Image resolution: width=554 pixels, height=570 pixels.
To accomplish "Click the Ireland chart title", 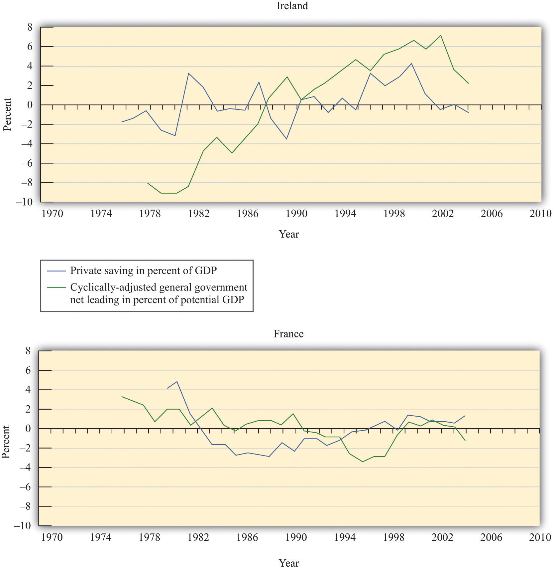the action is [x=292, y=6].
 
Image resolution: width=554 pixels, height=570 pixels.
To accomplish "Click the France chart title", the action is [x=288, y=334].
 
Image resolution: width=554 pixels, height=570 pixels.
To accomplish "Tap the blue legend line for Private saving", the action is [x=56, y=271].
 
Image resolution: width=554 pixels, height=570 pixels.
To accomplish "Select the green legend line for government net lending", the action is [x=56, y=287].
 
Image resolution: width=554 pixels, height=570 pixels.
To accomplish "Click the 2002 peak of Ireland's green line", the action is [x=440, y=35].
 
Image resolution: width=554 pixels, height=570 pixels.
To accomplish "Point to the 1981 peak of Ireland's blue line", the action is [x=188, y=73].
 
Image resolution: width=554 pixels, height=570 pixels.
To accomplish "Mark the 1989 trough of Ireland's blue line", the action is [x=286, y=139].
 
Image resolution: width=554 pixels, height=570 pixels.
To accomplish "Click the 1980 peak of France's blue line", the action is [x=177, y=381].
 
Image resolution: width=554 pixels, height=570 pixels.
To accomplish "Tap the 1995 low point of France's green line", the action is [x=363, y=462].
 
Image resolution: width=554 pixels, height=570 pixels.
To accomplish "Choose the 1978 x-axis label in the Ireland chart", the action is [x=150, y=214].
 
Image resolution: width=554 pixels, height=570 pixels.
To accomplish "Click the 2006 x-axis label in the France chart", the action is [x=491, y=537].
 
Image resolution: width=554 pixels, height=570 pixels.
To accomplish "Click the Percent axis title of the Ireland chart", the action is [x=7, y=114].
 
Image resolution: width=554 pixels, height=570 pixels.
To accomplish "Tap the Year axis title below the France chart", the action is [x=289, y=563].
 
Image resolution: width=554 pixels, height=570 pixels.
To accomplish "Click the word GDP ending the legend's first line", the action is [x=206, y=271].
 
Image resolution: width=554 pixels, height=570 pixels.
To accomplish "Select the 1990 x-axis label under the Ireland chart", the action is [x=296, y=214].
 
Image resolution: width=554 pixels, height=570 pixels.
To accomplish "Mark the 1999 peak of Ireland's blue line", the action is [x=412, y=64].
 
